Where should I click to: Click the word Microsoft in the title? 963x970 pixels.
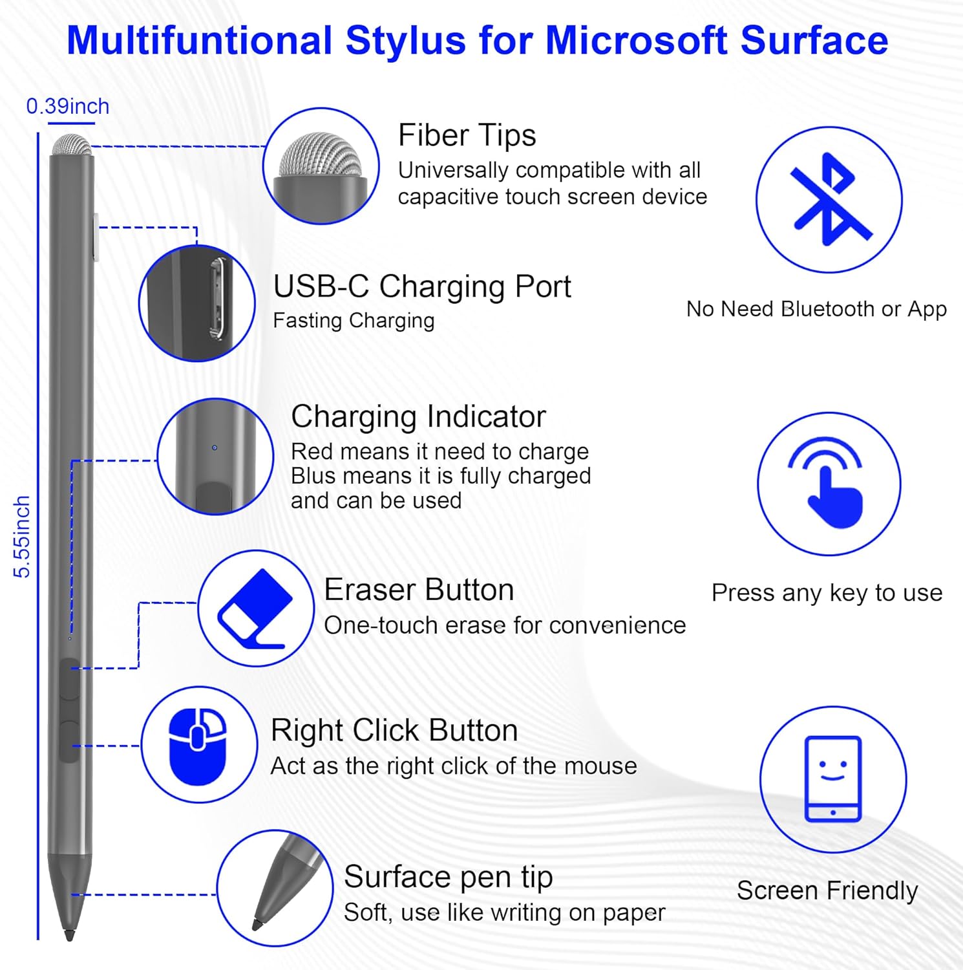coord(636,40)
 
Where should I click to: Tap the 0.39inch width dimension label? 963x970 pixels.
coord(68,106)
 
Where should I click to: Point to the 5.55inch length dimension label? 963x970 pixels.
coord(22,537)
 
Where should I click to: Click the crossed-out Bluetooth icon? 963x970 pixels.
coord(829,199)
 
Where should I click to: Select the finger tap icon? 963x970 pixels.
coord(829,484)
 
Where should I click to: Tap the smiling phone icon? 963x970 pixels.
coord(832,779)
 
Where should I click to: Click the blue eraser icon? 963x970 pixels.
coord(255,608)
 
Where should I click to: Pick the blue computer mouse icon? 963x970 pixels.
coord(198,745)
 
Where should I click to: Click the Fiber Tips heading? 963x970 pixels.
coord(467,135)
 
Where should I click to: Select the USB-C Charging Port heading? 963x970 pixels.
coord(421,286)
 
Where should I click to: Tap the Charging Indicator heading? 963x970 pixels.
coord(418,416)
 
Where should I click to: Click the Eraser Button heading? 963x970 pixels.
coord(419,590)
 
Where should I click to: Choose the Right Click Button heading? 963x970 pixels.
coord(394,730)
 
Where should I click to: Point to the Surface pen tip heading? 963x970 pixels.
coord(448,877)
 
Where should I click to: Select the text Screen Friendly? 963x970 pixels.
coord(827,890)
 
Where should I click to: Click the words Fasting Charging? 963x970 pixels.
coord(354,321)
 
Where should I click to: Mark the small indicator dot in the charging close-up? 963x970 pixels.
coord(215,447)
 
